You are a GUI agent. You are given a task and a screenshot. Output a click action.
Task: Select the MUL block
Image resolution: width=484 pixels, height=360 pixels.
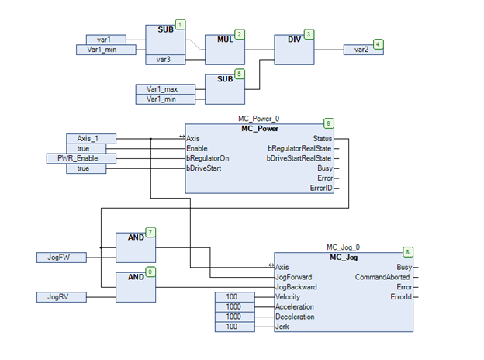[224, 47]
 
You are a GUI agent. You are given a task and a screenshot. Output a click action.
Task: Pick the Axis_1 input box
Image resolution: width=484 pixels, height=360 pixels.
[92, 138]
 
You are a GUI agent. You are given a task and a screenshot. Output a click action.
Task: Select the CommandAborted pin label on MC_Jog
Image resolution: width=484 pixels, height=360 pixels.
[382, 277]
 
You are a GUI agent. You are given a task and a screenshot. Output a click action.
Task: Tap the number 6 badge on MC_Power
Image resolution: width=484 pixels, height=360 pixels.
[328, 123]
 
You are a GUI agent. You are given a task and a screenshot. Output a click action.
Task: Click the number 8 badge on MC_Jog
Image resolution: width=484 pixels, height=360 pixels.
[407, 252]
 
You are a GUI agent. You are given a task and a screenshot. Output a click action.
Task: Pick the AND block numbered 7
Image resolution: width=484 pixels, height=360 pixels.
[135, 247]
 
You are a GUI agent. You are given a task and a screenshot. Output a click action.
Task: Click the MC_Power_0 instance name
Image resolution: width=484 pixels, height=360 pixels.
[258, 119]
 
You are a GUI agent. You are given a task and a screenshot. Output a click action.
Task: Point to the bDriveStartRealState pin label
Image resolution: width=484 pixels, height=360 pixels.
[299, 157]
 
